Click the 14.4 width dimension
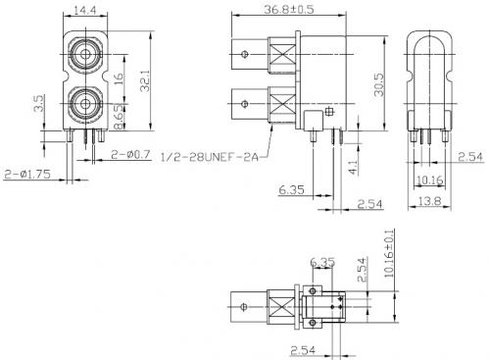pos(85,11)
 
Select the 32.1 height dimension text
pos(145,80)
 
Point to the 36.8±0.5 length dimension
pos(289,9)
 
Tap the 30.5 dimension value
pos(379,84)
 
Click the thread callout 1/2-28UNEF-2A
pos(210,157)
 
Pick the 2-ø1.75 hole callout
pos(27,174)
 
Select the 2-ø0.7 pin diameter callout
pos(130,154)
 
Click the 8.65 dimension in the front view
pos(120,117)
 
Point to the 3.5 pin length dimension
pos(39,103)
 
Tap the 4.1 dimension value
pos(354,167)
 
